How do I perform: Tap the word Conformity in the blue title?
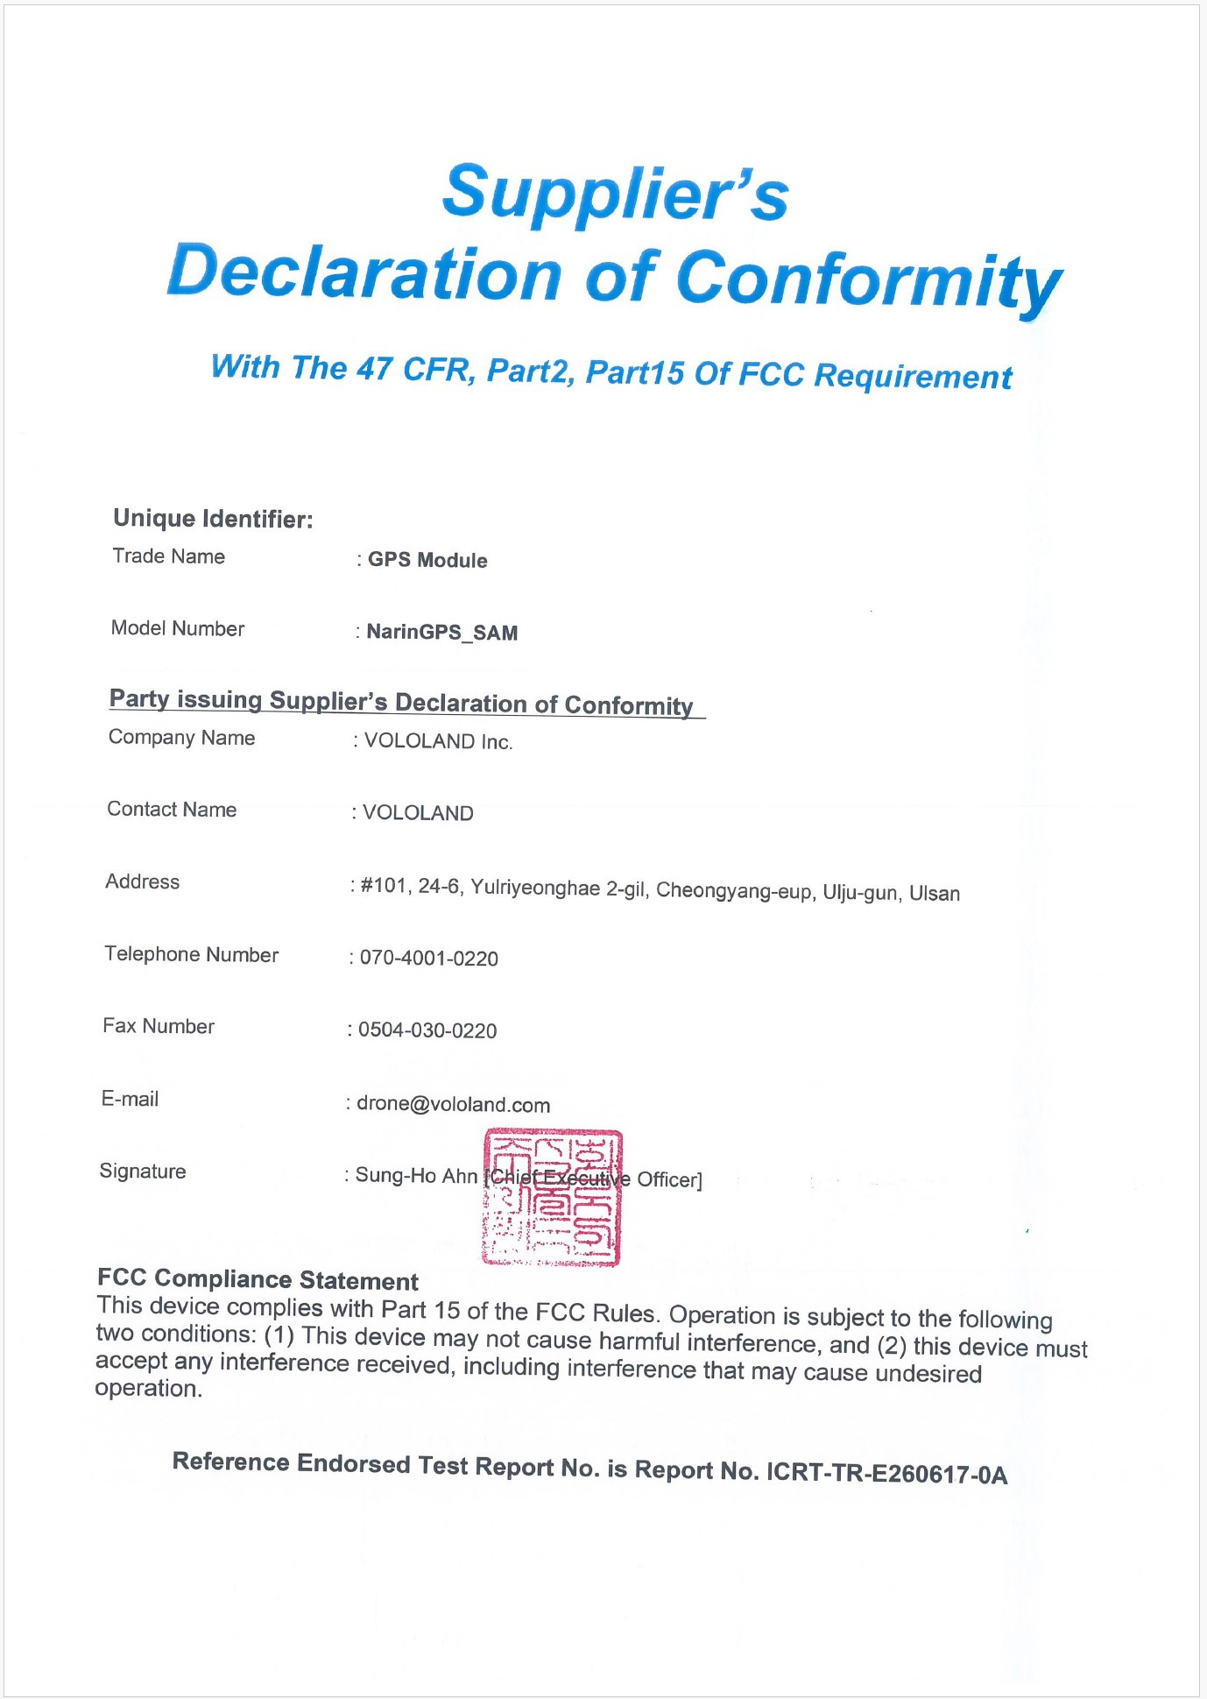869,280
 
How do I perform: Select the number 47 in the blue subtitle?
374,368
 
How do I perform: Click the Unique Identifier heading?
213,519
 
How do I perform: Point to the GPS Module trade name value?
427,560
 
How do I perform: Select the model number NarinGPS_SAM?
442,632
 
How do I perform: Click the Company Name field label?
181,738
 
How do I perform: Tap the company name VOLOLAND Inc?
438,741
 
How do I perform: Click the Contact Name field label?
172,810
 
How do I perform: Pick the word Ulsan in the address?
935,894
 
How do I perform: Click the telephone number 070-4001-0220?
429,959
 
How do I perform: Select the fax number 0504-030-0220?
427,1030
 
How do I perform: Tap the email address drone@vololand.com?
453,1105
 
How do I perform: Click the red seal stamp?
552,1198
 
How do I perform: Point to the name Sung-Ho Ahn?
416,1176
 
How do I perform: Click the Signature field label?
143,1172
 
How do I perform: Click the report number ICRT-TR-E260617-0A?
886,1474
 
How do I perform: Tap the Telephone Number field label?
192,954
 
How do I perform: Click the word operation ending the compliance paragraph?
148,1389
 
